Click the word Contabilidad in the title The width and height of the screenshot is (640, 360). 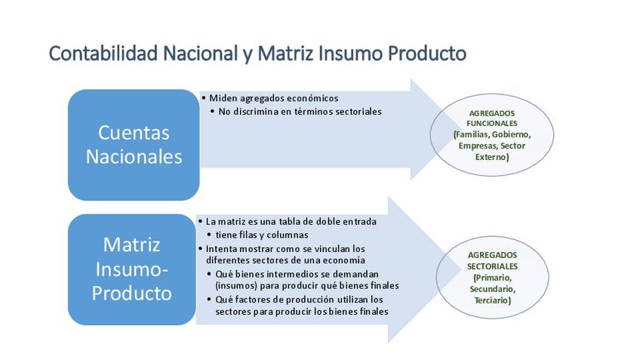103,54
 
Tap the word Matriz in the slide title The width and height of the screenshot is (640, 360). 285,54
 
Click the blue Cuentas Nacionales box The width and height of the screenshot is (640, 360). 134,145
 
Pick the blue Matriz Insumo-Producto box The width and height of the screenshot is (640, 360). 132,269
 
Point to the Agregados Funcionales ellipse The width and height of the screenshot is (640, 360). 492,135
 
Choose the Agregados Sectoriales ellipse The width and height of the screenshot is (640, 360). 492,277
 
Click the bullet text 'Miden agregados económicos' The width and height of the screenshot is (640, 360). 273,98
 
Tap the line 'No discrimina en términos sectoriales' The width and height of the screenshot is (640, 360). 300,112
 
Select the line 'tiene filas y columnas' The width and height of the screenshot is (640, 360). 262,235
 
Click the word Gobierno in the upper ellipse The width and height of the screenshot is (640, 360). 511,134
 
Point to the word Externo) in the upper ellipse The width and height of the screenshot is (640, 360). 492,157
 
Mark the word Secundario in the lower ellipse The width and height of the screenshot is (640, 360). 492,289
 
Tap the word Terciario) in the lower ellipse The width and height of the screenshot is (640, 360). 492,300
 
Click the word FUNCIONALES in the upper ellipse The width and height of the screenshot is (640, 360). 492,123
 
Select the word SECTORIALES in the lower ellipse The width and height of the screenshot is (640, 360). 492,266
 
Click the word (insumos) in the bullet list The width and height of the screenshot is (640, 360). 237,286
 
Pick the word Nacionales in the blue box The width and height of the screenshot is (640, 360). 134,157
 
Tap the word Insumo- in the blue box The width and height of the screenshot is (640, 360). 132,269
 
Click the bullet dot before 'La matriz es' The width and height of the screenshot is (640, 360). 201,222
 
